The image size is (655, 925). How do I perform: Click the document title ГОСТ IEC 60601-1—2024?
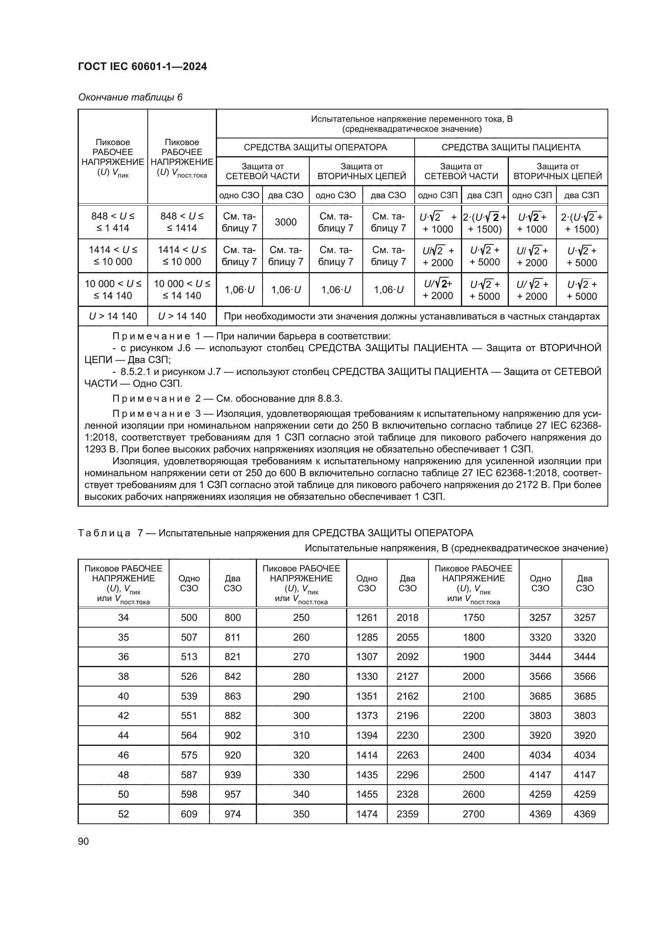[x=142, y=66]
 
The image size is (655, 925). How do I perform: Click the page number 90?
[x=84, y=841]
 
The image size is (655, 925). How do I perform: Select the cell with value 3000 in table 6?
[x=286, y=222]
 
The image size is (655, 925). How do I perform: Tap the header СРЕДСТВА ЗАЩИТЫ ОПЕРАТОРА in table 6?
[x=315, y=148]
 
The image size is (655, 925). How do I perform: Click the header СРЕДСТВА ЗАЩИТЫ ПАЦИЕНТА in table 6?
[x=510, y=148]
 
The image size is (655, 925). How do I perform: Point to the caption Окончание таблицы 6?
[x=130, y=97]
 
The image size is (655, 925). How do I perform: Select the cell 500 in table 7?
[x=189, y=618]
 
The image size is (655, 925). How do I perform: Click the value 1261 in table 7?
[x=367, y=618]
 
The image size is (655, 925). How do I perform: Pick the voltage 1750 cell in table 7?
[x=474, y=618]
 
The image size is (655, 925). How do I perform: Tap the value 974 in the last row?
[x=232, y=814]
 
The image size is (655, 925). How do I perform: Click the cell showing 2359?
[x=407, y=814]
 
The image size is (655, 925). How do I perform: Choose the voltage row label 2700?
[x=474, y=814]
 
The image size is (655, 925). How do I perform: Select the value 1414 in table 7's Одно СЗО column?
[x=367, y=755]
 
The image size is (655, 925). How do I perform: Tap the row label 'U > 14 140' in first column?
[x=113, y=316]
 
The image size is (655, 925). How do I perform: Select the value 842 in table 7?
[x=232, y=676]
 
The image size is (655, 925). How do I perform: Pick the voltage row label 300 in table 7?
[x=301, y=715]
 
